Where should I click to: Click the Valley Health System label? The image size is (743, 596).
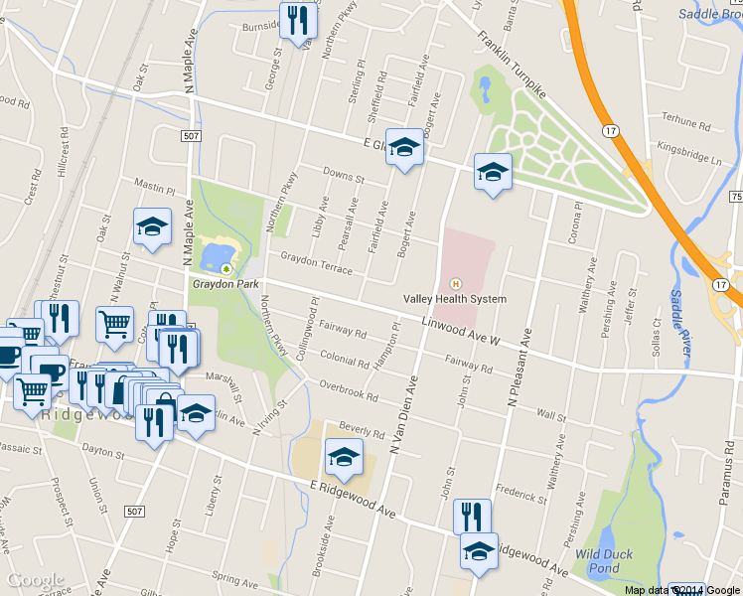(454, 299)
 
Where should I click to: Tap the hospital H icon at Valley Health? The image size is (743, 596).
(456, 282)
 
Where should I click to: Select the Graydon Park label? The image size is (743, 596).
(225, 283)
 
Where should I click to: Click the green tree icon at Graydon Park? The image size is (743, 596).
(226, 268)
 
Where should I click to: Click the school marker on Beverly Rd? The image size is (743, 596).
(345, 457)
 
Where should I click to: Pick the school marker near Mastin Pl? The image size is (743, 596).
(152, 226)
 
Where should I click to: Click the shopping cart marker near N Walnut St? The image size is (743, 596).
(115, 324)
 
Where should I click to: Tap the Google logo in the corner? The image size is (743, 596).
(35, 580)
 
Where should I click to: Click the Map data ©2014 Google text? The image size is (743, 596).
(681, 590)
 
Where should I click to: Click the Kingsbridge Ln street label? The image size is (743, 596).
(689, 156)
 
